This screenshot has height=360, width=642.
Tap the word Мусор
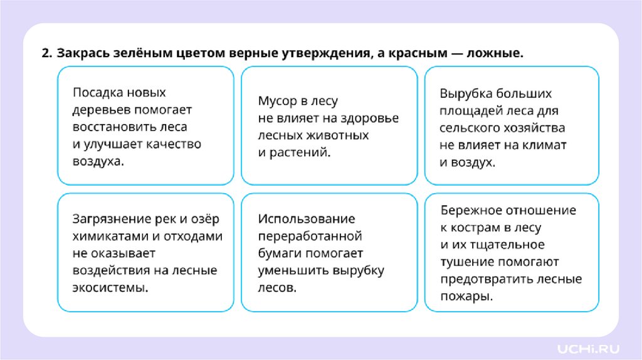(x=276, y=101)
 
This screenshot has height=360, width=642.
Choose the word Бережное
(x=468, y=211)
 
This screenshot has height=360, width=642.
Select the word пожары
(x=466, y=296)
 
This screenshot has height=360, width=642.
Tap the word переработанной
(x=310, y=236)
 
